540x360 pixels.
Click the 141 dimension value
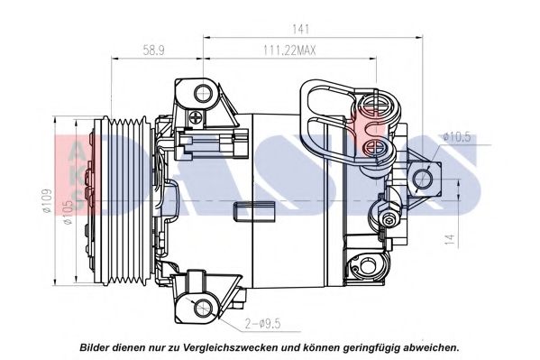click(x=311, y=27)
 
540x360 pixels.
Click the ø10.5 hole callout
click(x=457, y=136)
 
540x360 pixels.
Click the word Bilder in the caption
click(x=97, y=346)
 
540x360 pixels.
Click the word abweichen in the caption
click(x=431, y=346)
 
